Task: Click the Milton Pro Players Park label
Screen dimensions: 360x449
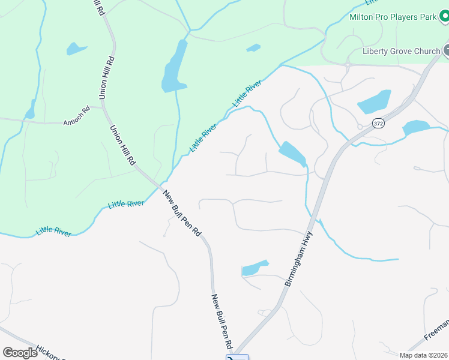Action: [x=393, y=17]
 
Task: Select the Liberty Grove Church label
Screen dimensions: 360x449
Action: [x=401, y=51]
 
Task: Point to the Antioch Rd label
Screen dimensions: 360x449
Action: [x=76, y=123]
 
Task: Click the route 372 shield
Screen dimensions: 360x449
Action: [x=378, y=124]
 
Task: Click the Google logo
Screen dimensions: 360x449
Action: [x=20, y=353]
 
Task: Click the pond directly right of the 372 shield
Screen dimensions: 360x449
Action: [x=415, y=127]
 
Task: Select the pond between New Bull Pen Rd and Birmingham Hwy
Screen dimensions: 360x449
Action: [x=254, y=268]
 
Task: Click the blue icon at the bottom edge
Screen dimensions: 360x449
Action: [x=237, y=358]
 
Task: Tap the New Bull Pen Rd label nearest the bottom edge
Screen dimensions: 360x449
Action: [x=221, y=322]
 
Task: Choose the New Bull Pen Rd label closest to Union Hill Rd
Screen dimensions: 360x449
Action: [x=182, y=212]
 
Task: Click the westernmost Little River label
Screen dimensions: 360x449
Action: [x=53, y=232]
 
